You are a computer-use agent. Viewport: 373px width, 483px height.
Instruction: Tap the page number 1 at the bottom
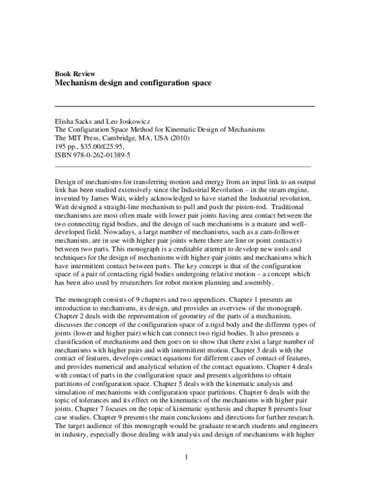(186, 458)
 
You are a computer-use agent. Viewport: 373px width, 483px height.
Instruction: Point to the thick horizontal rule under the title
(185, 106)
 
